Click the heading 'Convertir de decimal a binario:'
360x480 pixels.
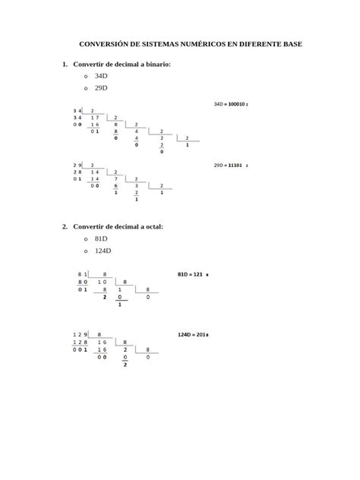(x=122, y=65)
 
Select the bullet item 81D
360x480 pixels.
(x=102, y=238)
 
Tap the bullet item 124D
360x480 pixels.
(x=103, y=250)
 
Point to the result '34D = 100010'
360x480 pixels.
(x=232, y=103)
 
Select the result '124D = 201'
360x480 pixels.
(x=193, y=334)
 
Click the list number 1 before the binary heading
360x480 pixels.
(x=65, y=65)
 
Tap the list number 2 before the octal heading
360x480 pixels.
(x=65, y=226)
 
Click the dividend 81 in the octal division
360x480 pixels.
(x=81, y=273)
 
